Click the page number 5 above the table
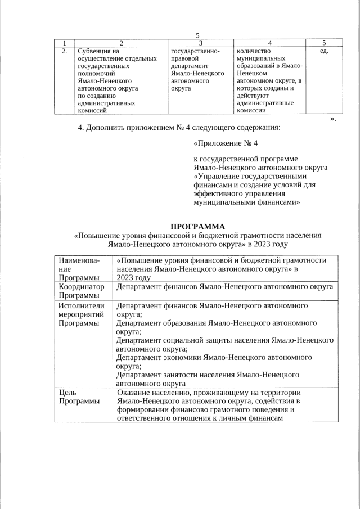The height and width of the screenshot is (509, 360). tap(197, 35)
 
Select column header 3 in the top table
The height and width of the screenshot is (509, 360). tap(200, 43)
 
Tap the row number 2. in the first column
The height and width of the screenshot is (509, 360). tap(65, 51)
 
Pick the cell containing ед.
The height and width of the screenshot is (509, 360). tap(323, 51)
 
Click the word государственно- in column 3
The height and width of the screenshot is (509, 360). tap(195, 51)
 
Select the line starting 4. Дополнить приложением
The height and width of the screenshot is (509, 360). tap(178, 127)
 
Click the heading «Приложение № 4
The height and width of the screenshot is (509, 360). tap(225, 143)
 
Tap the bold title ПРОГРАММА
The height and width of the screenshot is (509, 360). tap(197, 226)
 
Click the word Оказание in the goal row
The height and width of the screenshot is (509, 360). tap(134, 392)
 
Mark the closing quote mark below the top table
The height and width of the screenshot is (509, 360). tap(333, 119)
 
